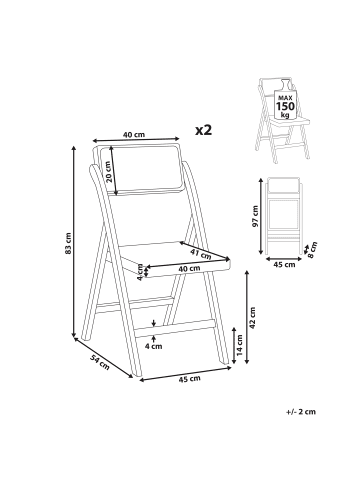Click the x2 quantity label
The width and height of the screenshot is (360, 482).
(204, 130)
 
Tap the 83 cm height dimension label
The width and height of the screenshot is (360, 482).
(69, 243)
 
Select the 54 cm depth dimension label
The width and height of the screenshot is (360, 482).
(100, 362)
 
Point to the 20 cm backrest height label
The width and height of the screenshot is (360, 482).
(108, 171)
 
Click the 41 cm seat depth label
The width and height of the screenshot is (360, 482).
(201, 253)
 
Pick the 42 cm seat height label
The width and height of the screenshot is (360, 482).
(252, 318)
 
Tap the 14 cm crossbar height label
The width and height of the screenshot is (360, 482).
(240, 344)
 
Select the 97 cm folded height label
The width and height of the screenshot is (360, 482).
(255, 216)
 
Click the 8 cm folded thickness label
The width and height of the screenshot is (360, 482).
(313, 249)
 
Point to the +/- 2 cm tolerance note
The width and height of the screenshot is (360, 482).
(300, 411)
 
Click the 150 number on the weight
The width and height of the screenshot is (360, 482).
(285, 106)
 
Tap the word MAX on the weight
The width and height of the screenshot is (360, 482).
(285, 98)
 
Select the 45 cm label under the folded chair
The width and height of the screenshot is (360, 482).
(284, 265)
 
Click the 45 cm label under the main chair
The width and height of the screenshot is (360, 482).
(190, 379)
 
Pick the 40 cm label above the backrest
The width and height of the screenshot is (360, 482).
(134, 135)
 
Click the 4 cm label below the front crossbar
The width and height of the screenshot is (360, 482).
(153, 346)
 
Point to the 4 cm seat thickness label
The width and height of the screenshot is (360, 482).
(140, 273)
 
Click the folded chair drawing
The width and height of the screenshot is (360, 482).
(285, 216)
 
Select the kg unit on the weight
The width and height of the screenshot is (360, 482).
(285, 115)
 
